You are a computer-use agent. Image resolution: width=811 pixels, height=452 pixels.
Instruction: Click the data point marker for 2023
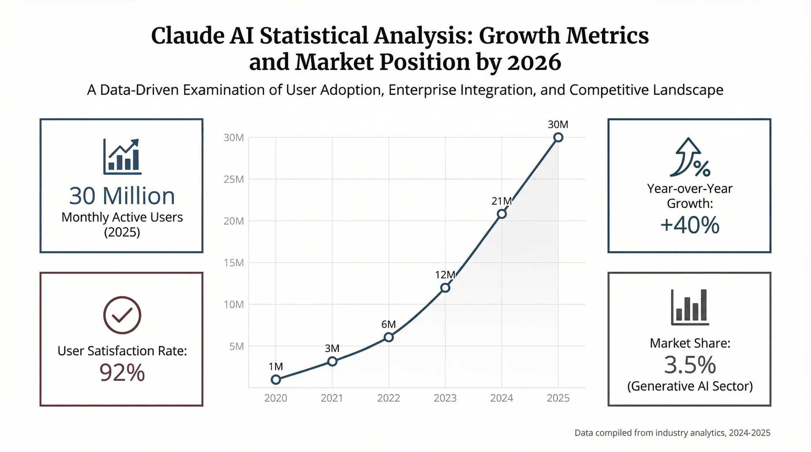pyautogui.click(x=445, y=288)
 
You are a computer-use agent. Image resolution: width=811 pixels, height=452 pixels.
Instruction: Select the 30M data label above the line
pyautogui.click(x=558, y=125)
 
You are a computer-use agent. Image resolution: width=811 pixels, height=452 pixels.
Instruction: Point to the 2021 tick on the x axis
pyautogui.click(x=332, y=398)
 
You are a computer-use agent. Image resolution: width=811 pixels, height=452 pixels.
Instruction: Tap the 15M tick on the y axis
pyautogui.click(x=234, y=263)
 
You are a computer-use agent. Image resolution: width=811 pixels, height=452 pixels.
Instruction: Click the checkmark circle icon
pyautogui.click(x=122, y=315)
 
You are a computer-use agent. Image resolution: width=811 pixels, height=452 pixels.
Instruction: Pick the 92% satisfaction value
pyautogui.click(x=122, y=373)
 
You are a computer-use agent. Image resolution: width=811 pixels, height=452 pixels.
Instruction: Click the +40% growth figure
pyautogui.click(x=690, y=225)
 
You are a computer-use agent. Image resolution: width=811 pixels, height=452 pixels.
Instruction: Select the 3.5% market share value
pyautogui.click(x=690, y=365)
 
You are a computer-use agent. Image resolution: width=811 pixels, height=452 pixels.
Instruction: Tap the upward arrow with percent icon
pyautogui.click(x=690, y=158)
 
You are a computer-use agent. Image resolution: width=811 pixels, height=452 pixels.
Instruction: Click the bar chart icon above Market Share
pyautogui.click(x=690, y=307)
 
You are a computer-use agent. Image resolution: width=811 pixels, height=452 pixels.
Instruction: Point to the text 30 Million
pyautogui.click(x=122, y=196)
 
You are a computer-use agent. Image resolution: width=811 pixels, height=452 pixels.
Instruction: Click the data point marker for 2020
pyautogui.click(x=276, y=380)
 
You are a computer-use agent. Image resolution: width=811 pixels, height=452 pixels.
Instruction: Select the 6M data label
pyautogui.click(x=388, y=324)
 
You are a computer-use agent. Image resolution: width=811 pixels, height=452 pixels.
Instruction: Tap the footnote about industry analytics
pyautogui.click(x=672, y=433)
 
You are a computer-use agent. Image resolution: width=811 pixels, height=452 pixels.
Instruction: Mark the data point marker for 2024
pyautogui.click(x=501, y=214)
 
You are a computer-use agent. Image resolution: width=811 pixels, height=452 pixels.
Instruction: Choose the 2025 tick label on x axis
pyautogui.click(x=558, y=398)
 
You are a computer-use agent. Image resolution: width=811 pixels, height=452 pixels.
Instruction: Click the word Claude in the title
pyautogui.click(x=187, y=36)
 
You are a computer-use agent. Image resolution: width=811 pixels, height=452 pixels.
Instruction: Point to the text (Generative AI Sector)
pyautogui.click(x=690, y=386)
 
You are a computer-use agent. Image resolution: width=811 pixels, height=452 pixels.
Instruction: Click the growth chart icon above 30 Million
pyautogui.click(x=122, y=157)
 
